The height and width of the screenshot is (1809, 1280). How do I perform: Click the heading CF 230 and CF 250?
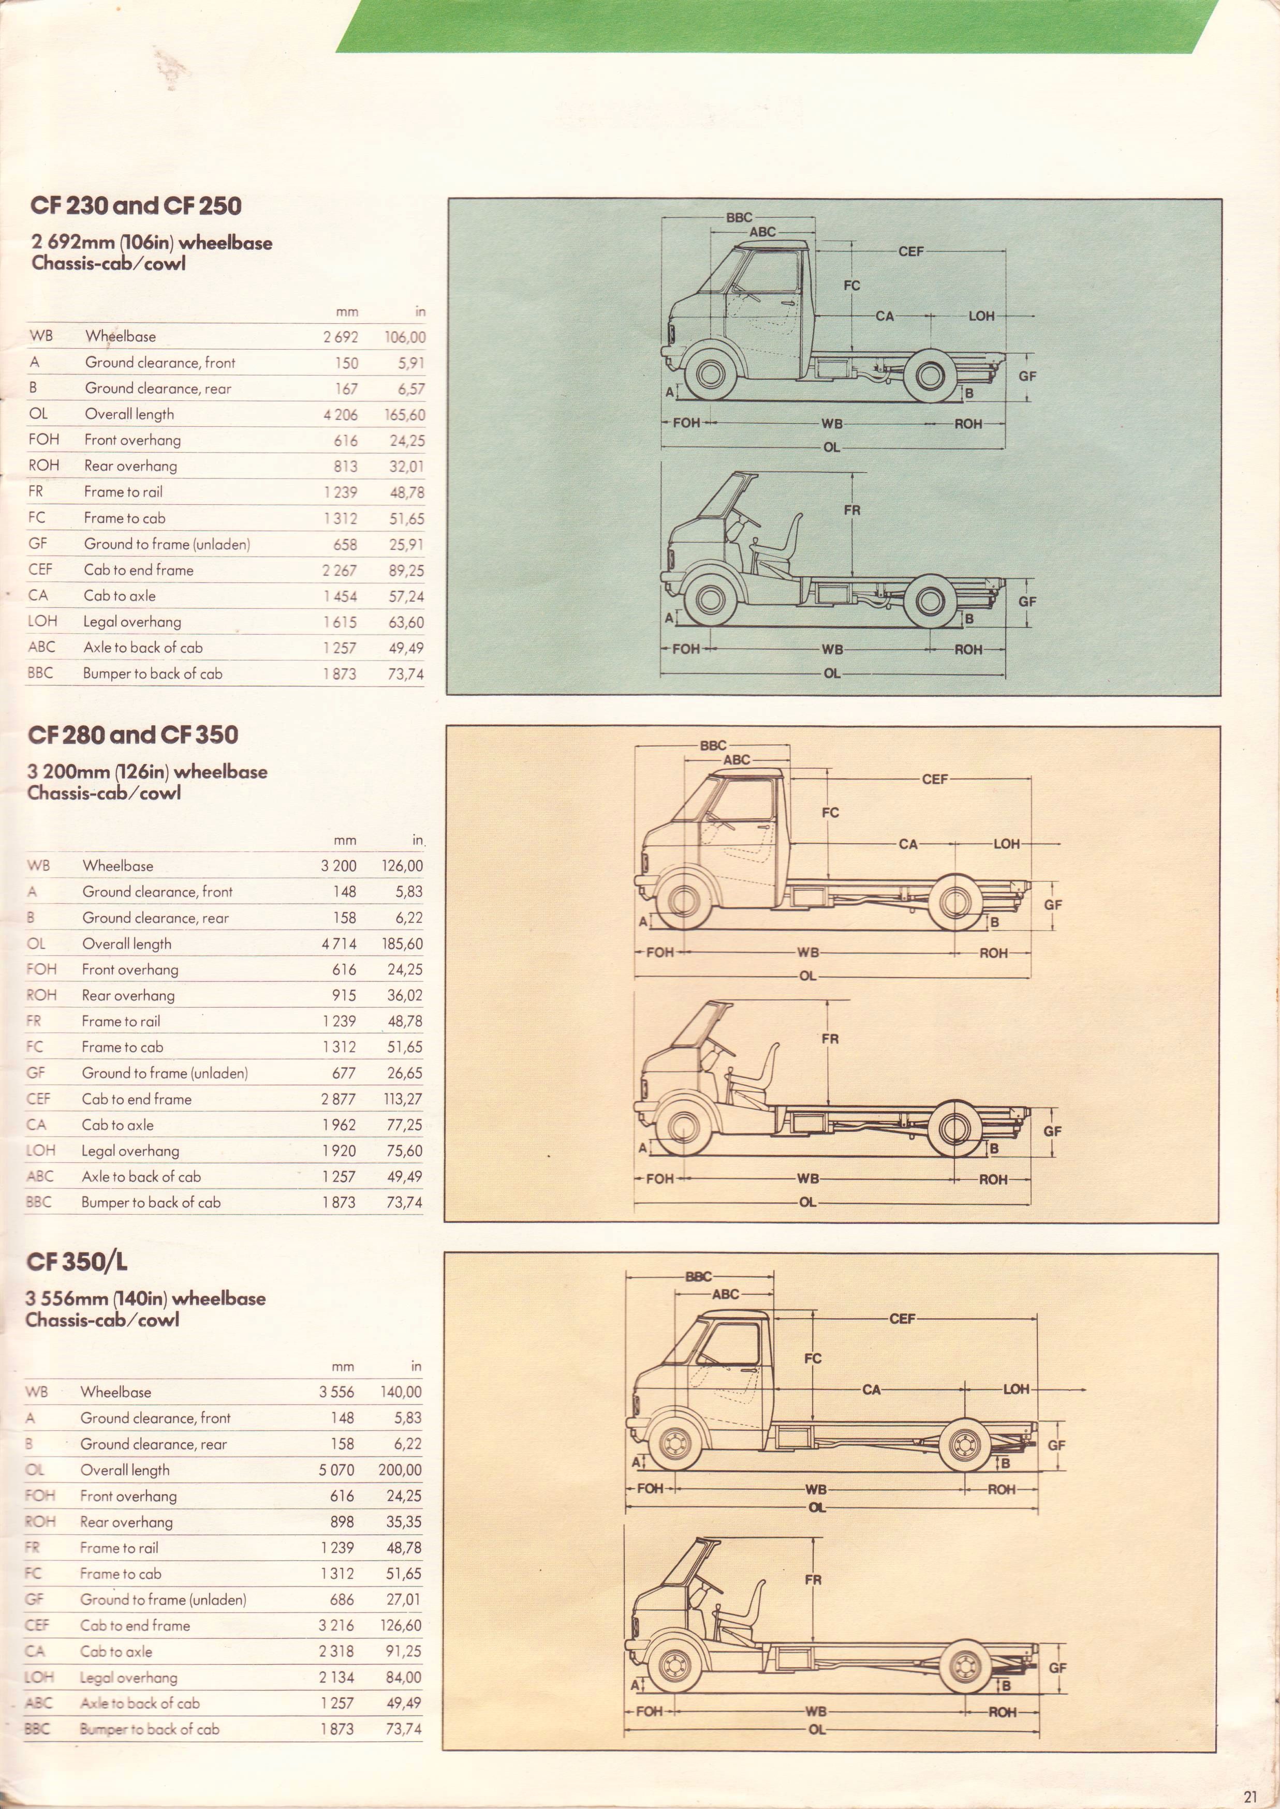point(136,206)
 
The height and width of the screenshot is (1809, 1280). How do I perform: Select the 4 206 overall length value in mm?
point(341,414)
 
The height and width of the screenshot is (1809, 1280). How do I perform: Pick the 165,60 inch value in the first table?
point(405,414)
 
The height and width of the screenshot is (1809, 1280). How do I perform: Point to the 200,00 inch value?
point(401,1470)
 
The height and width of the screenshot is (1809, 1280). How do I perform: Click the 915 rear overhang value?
point(344,995)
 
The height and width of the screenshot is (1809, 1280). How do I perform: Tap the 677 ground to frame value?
point(344,1073)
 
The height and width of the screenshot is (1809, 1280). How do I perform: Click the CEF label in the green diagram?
point(910,251)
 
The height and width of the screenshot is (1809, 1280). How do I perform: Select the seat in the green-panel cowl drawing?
point(781,544)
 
